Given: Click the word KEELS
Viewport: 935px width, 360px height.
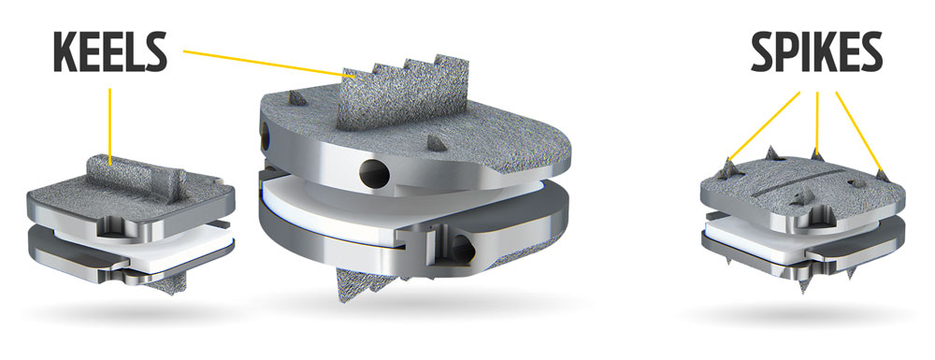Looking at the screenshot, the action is [x=110, y=51].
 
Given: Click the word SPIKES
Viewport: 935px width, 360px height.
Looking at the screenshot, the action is [x=816, y=52].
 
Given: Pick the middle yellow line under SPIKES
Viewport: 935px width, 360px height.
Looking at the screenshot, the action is [x=817, y=122].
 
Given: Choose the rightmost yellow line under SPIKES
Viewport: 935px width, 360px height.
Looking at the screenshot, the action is [x=859, y=133].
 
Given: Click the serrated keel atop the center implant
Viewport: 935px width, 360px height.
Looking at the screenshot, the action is [x=402, y=93].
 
